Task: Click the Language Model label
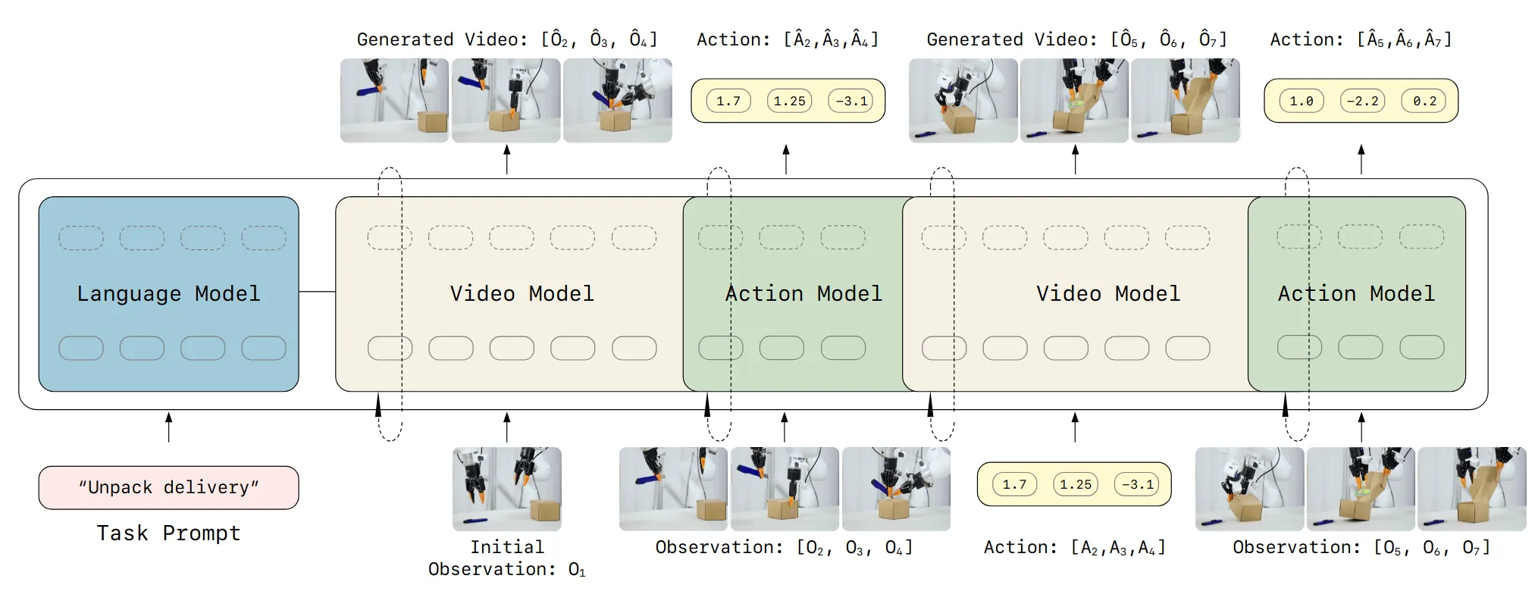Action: (x=168, y=294)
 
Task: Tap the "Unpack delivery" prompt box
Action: (x=168, y=487)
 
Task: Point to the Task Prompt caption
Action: (x=168, y=533)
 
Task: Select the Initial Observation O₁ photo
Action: (x=506, y=489)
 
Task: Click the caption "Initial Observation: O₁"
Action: (x=506, y=558)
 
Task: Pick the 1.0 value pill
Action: (x=1301, y=101)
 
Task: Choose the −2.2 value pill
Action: (x=1361, y=101)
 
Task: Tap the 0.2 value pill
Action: (x=1424, y=101)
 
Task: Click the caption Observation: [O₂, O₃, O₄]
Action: (x=784, y=547)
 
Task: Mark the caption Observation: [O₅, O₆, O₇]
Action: (x=1361, y=547)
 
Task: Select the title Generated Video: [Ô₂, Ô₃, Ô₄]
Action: (x=506, y=39)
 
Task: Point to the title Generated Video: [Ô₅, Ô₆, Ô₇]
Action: (x=1076, y=39)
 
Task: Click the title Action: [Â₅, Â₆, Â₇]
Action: (x=1361, y=39)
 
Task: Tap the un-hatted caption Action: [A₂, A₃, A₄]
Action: (x=1074, y=547)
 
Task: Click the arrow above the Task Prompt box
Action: (x=168, y=427)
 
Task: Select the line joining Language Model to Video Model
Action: (x=317, y=292)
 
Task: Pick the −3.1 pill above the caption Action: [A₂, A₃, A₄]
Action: (x=1136, y=484)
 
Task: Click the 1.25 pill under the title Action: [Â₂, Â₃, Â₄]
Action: (x=789, y=101)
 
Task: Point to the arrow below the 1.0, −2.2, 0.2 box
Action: (x=1361, y=159)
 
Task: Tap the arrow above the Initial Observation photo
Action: (x=506, y=427)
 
